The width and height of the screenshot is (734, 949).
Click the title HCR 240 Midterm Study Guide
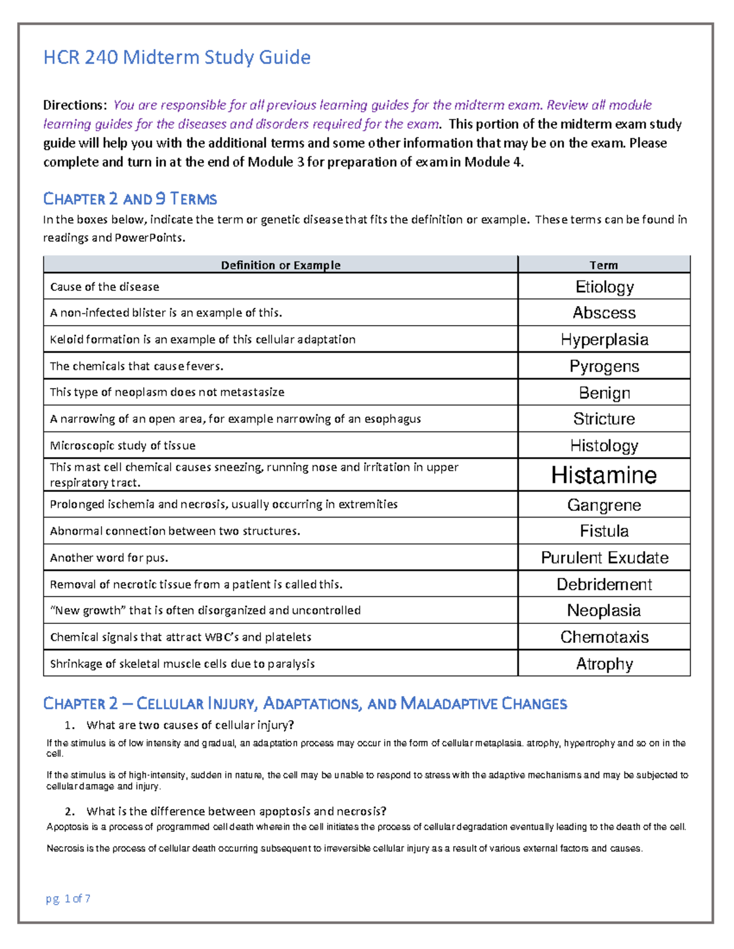[177, 57]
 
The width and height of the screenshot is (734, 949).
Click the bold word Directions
[75, 105]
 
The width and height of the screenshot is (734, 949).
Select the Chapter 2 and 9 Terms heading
[130, 199]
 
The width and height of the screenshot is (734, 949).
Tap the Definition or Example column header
[280, 265]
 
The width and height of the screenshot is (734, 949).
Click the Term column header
[604, 265]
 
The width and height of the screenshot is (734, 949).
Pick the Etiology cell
[604, 287]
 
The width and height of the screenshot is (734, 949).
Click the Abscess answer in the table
[604, 313]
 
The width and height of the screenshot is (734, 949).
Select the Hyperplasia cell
[604, 340]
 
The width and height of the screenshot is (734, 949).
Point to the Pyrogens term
[604, 366]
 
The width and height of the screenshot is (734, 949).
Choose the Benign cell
[604, 393]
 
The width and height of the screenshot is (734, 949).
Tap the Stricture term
[604, 419]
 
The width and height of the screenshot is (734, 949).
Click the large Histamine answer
[604, 475]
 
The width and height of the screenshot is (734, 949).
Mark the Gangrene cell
[604, 505]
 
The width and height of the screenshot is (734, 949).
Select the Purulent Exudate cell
[604, 558]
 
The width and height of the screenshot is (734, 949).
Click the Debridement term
[604, 585]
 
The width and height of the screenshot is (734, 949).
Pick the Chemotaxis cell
[604, 637]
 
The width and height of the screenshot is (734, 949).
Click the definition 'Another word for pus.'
[109, 558]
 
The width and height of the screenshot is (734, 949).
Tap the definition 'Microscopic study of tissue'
[122, 445]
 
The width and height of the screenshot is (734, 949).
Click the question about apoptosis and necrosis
[236, 812]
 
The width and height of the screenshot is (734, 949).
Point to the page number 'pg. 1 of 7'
[68, 898]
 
